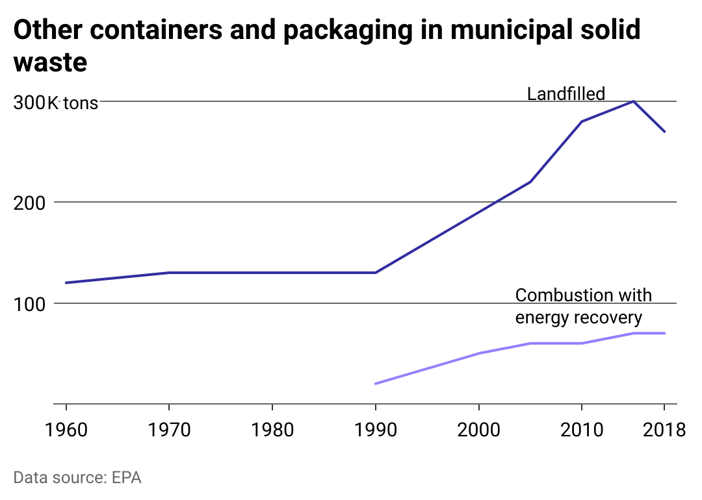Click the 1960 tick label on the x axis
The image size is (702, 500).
coord(66,429)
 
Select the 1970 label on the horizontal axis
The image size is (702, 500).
coord(169,429)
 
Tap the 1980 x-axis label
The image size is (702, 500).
coord(272,429)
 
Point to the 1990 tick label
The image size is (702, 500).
coord(375,429)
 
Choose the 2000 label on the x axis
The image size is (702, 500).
coord(478,429)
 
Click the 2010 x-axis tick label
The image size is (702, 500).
coord(581,429)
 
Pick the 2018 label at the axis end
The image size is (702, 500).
coord(664,429)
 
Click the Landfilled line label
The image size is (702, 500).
coord(565,94)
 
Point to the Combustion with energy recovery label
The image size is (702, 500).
coord(582,306)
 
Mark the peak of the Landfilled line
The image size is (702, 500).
coord(633,101)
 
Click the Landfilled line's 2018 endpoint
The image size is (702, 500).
coord(664,132)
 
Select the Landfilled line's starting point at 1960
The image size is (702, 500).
coord(66,282)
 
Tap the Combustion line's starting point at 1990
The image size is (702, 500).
coord(376,384)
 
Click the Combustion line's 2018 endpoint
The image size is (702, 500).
coord(664,333)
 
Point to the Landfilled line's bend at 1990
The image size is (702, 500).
coord(376,272)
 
